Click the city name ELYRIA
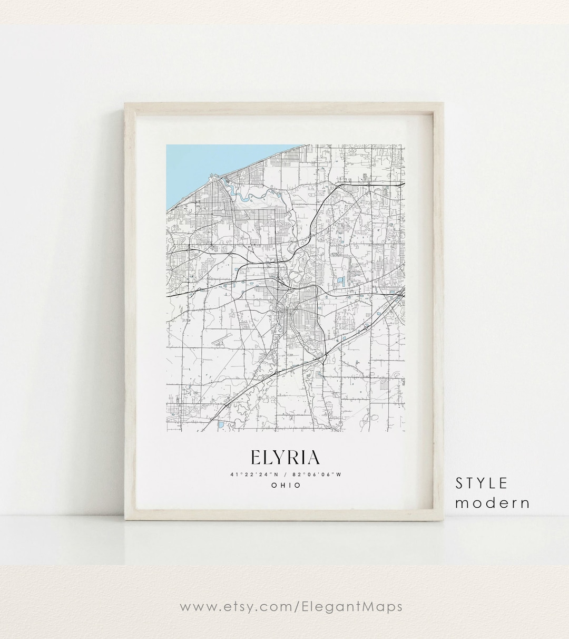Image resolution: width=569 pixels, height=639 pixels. click(x=285, y=457)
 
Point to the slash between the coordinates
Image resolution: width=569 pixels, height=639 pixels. click(x=286, y=474)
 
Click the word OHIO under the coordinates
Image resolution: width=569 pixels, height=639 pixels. click(x=286, y=485)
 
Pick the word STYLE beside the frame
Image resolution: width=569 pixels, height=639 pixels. click(x=482, y=483)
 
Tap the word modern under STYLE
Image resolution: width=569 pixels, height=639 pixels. click(x=492, y=502)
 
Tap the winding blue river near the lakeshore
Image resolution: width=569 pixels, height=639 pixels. click(x=248, y=197)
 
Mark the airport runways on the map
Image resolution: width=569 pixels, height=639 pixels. click(x=221, y=337)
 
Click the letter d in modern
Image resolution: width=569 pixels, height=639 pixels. click(x=492, y=502)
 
